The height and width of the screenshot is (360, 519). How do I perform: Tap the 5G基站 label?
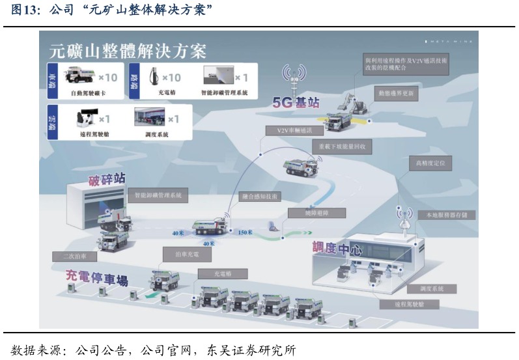[296, 102]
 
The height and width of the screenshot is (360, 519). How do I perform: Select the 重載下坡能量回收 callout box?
[342, 147]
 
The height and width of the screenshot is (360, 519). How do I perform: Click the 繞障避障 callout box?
[316, 213]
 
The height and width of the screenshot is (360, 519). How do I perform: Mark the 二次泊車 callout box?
[74, 256]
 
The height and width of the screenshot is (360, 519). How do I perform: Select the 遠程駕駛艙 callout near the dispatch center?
[409, 304]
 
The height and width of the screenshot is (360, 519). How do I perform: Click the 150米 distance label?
[245, 232]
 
